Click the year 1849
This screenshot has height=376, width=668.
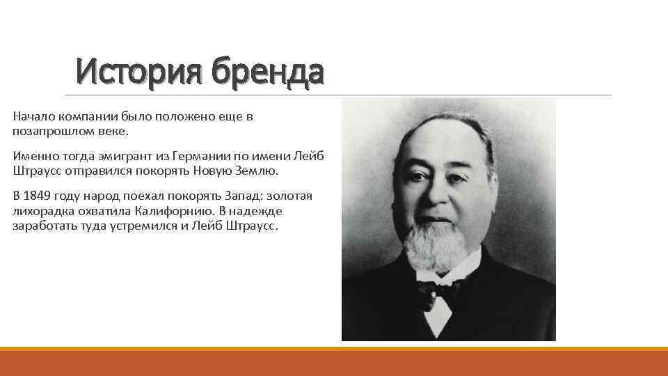pyautogui.click(x=36, y=196)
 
